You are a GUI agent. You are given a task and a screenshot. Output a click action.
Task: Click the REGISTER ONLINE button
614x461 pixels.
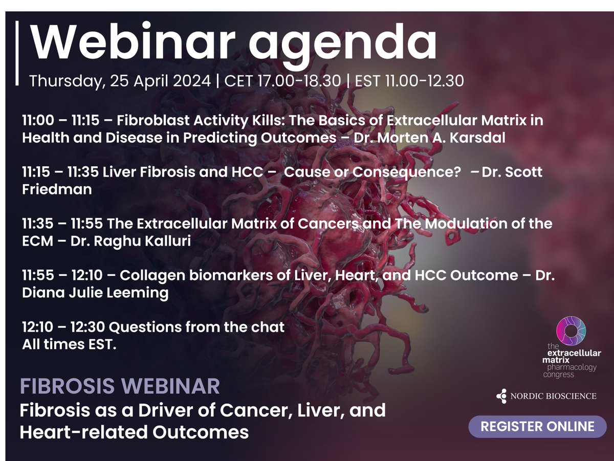537,426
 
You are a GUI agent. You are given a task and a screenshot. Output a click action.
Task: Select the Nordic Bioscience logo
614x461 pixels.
546,396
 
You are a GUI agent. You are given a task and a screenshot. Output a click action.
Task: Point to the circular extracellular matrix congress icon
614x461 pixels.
572,332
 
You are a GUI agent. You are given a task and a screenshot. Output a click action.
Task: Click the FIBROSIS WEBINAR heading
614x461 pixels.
120,386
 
